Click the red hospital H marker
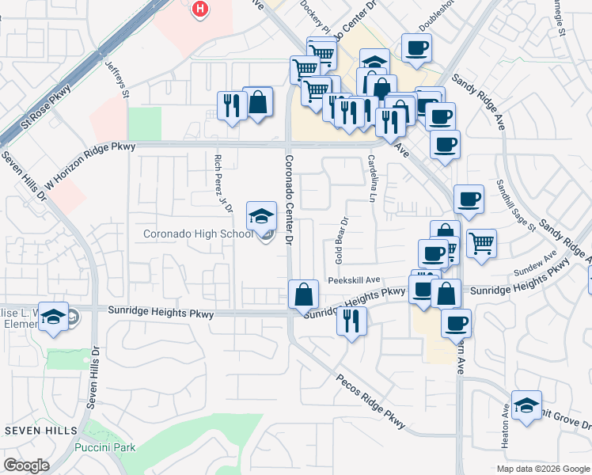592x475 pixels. coord(201,9)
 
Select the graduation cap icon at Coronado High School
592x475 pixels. coord(261,216)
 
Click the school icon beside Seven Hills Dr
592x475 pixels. coord(53,317)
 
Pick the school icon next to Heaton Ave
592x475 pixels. coord(526,405)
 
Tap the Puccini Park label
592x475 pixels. coord(104,447)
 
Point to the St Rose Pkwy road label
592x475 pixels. coord(46,106)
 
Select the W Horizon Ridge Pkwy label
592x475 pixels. coord(90,165)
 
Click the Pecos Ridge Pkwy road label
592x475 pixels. coord(370,403)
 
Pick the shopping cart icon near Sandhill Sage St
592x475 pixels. coord(481,243)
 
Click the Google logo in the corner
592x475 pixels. coord(26,465)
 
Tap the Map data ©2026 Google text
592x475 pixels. coord(542,469)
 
